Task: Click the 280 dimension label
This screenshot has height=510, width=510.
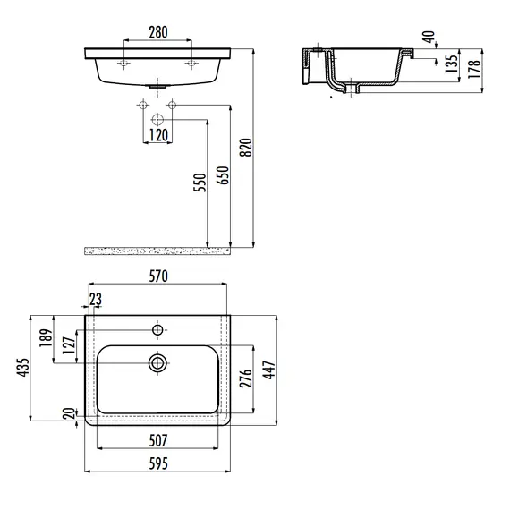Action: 158,32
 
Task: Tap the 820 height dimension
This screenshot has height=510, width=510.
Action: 246,148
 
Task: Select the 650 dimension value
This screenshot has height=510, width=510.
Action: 224,175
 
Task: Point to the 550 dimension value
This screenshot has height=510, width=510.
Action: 200,183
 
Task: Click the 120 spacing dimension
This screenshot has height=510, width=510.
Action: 158,135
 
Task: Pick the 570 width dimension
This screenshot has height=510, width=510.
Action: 158,276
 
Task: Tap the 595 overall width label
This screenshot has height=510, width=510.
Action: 158,463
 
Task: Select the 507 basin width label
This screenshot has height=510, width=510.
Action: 158,441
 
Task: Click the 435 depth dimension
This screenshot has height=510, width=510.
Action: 23,368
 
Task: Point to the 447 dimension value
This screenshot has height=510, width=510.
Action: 269,370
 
